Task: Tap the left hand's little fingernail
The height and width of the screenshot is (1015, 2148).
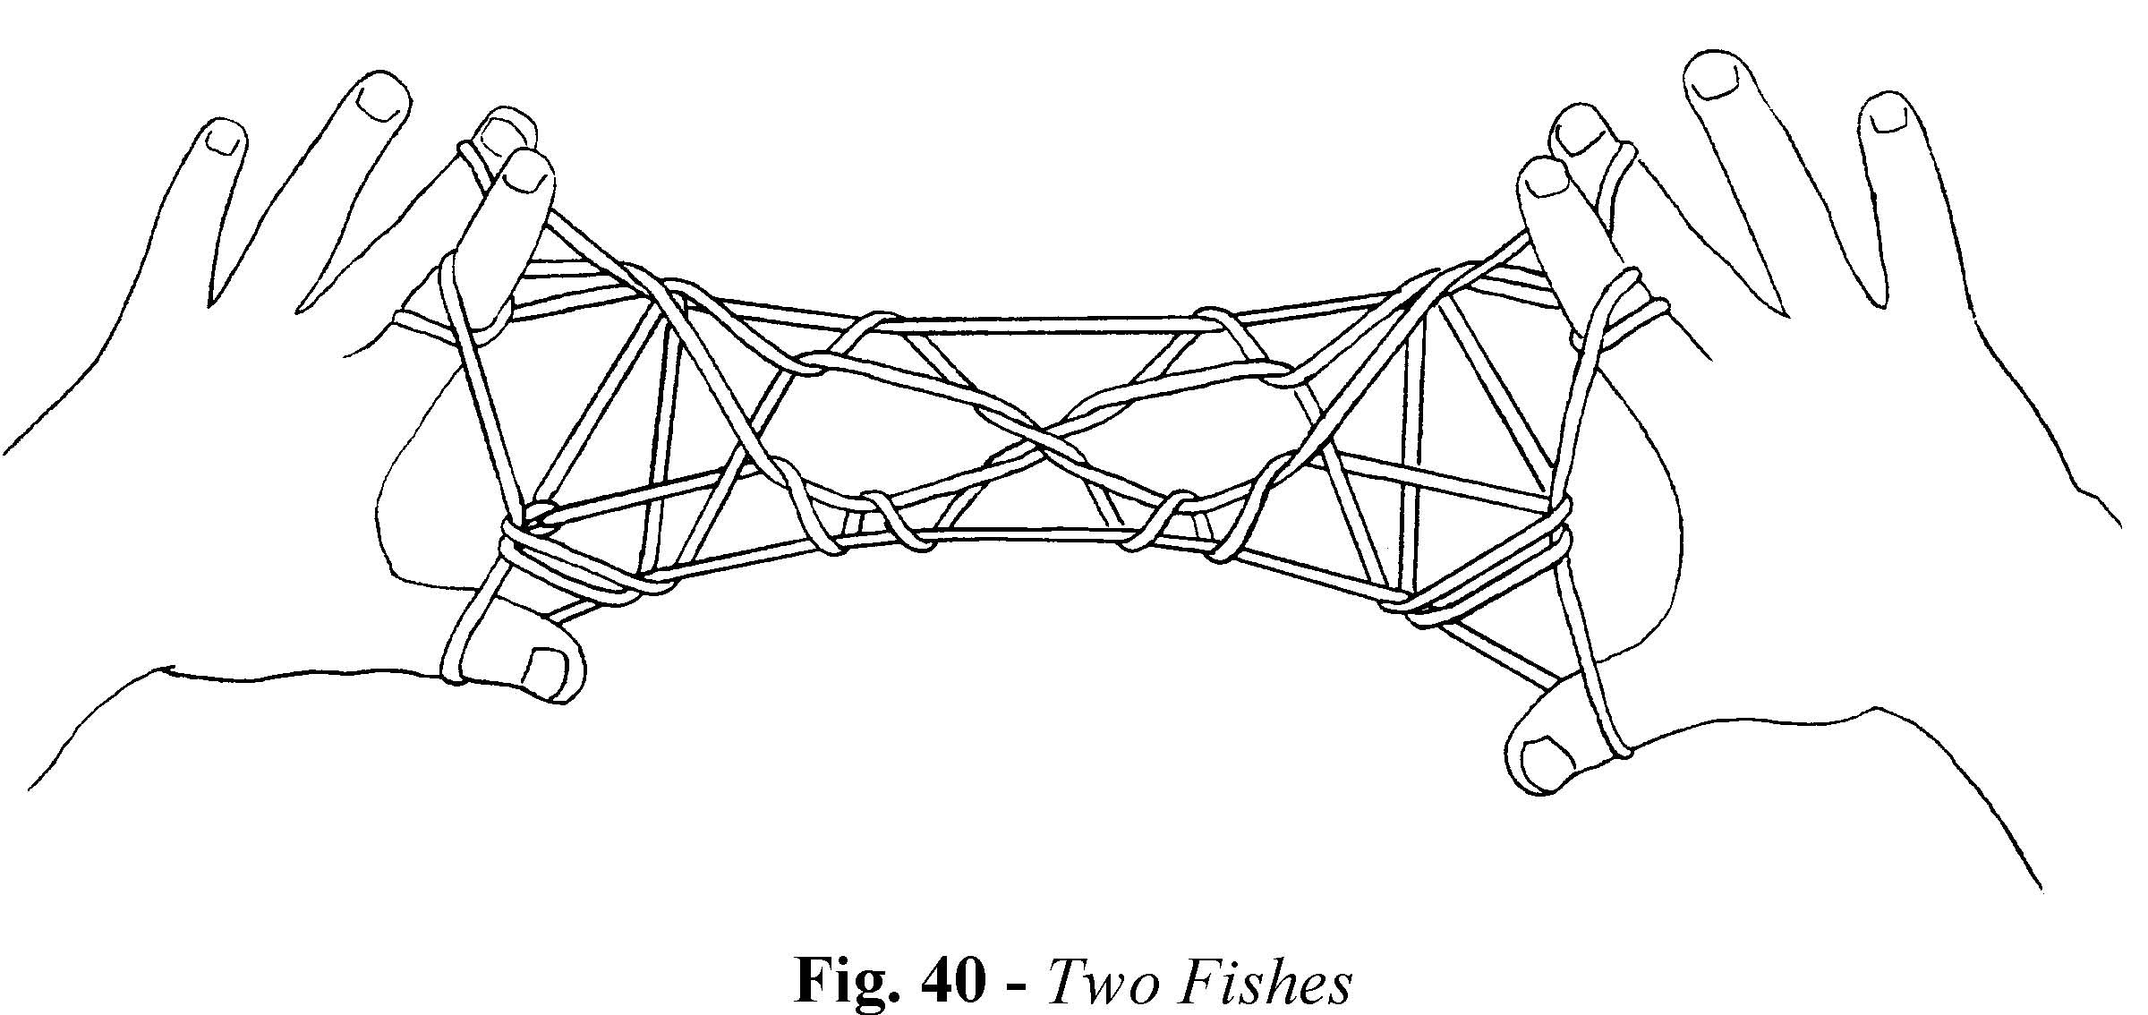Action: click(224, 137)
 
